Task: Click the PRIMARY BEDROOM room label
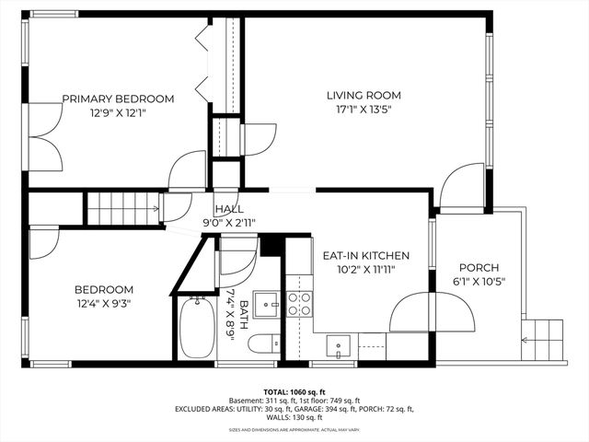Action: tap(118, 99)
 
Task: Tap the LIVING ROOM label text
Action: tap(364, 95)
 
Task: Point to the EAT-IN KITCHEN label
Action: tap(365, 255)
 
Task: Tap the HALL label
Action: tap(228, 209)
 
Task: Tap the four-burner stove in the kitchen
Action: tap(299, 304)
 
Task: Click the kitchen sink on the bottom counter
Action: tap(340, 346)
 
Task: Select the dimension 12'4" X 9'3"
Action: tap(103, 305)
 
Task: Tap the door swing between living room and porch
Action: tap(461, 187)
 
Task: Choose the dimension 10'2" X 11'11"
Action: tap(365, 271)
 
